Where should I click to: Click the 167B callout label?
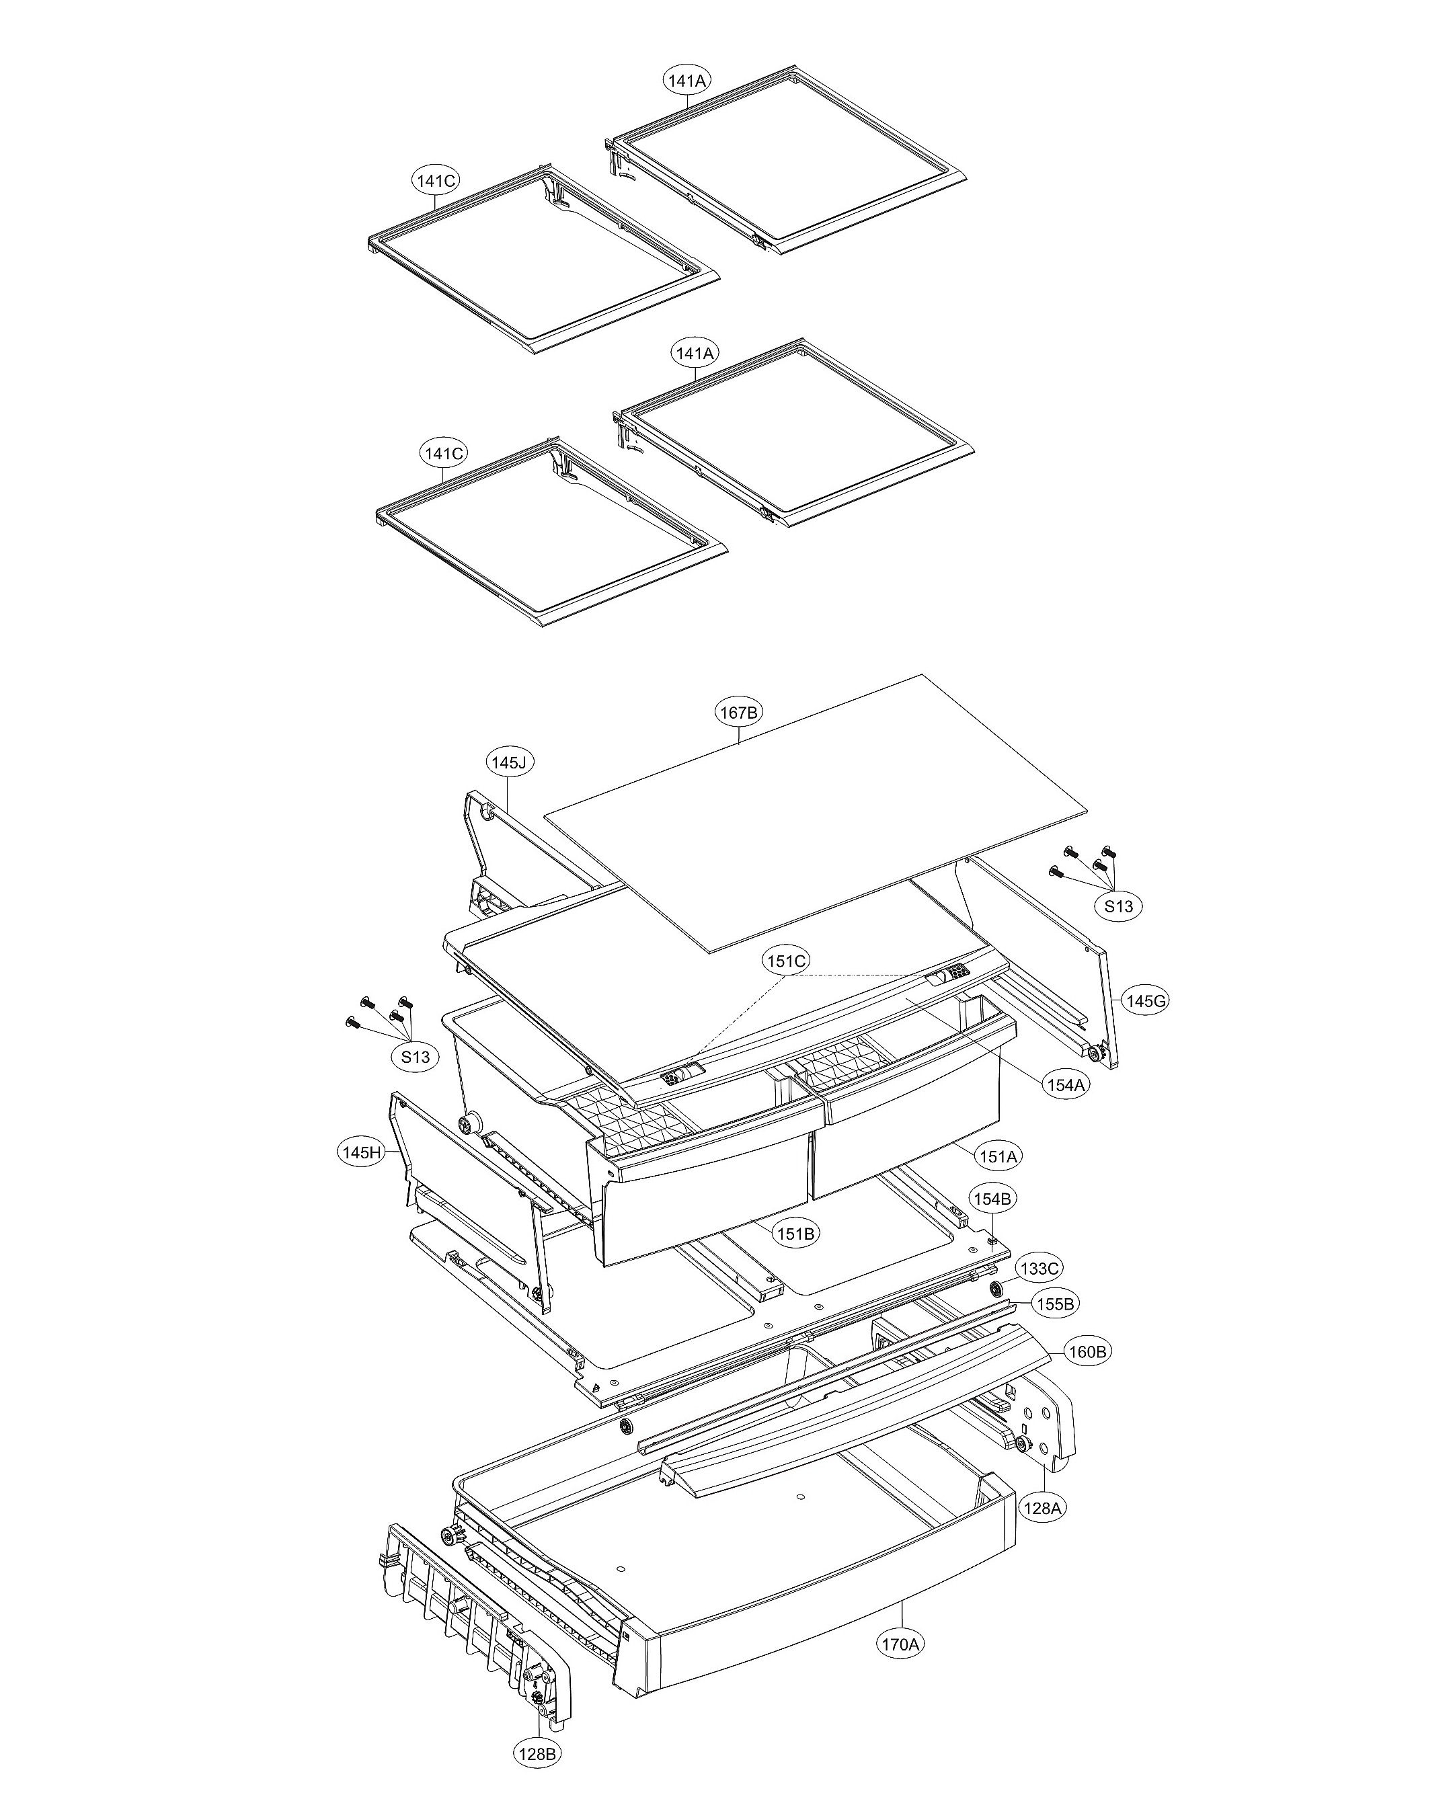coord(739,712)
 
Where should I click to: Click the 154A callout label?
coord(1066,1085)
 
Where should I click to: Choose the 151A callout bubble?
coord(998,1157)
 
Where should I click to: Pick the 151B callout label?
coord(795,1233)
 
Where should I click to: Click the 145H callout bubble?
coord(362,1152)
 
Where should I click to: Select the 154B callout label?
coord(992,1199)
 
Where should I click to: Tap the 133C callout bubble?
coord(1039,1269)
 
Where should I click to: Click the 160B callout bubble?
coord(1088,1352)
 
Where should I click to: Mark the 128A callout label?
coord(1042,1508)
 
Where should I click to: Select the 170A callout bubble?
coord(900,1644)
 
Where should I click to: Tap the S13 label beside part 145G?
coord(1118,906)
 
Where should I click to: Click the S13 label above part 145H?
coord(415,1057)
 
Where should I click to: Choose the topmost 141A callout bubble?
coord(687,81)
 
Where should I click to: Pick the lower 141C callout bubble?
coord(443,454)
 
